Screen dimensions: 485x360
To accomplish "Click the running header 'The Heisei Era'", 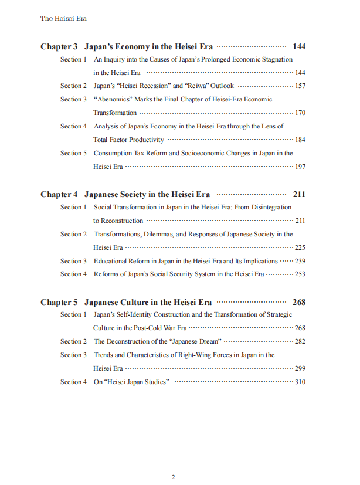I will coord(63,18).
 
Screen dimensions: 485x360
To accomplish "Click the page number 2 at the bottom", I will coord(173,477).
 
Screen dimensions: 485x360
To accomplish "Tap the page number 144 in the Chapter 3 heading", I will coord(298,46).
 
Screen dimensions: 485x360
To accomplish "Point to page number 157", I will coord(300,86).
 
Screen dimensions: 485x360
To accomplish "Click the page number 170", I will coord(300,113).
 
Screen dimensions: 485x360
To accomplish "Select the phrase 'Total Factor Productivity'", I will coord(128,140).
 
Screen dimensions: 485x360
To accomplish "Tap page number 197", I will coord(300,167).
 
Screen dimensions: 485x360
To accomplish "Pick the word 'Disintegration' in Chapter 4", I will coord(271,207).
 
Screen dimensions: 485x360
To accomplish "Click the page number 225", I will coord(300,247).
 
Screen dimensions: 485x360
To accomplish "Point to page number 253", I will coord(300,274).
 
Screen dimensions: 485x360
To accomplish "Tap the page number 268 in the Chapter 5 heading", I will coord(298,302).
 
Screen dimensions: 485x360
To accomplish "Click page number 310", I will coord(300,382).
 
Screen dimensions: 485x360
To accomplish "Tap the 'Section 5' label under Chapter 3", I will coord(73,153).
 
